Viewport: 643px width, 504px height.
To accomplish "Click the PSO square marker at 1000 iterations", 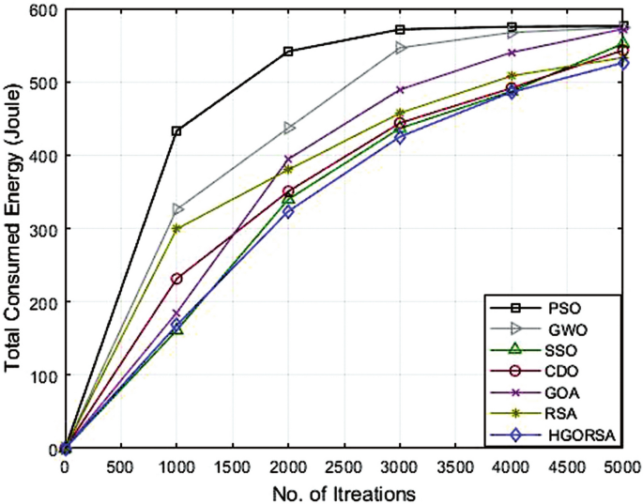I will click(x=176, y=131).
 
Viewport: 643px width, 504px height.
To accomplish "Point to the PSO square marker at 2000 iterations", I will click(x=288, y=52).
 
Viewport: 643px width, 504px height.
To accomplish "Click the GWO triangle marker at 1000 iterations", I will click(x=176, y=209).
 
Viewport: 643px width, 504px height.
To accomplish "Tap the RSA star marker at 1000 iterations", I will click(x=176, y=228).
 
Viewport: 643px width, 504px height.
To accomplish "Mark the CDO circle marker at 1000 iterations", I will click(x=176, y=279).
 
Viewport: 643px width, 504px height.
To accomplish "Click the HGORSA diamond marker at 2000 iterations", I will click(x=288, y=212).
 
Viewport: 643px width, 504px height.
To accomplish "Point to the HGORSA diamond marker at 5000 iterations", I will click(x=623, y=63).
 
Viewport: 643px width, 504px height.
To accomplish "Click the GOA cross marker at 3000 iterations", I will click(x=401, y=90).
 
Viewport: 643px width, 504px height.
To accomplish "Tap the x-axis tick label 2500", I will click(x=344, y=466).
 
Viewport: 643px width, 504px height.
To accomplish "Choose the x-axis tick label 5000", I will click(x=622, y=466).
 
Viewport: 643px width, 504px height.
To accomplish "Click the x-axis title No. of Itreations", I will click(x=343, y=491).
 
